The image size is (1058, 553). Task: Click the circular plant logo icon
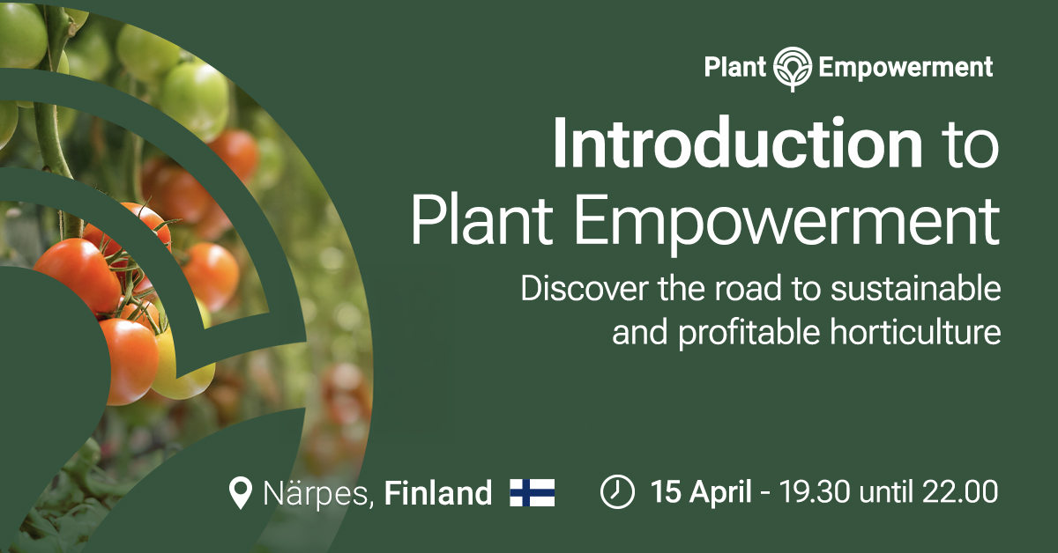793,69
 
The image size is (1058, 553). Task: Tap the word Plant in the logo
735,67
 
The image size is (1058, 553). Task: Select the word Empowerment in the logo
905,68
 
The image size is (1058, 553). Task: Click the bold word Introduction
738,143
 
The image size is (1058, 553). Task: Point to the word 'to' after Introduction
970,146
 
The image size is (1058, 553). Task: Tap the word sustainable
916,289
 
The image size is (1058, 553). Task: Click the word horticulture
915,332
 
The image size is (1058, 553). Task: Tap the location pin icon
241,492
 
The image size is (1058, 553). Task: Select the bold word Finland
438,493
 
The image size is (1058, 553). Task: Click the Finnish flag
533,492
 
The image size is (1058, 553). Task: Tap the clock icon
617,491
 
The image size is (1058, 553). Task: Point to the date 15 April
701,492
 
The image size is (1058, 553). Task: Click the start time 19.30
815,492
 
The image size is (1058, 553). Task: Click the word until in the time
886,491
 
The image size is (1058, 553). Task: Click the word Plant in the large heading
481,221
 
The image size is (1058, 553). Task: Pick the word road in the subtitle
748,289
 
